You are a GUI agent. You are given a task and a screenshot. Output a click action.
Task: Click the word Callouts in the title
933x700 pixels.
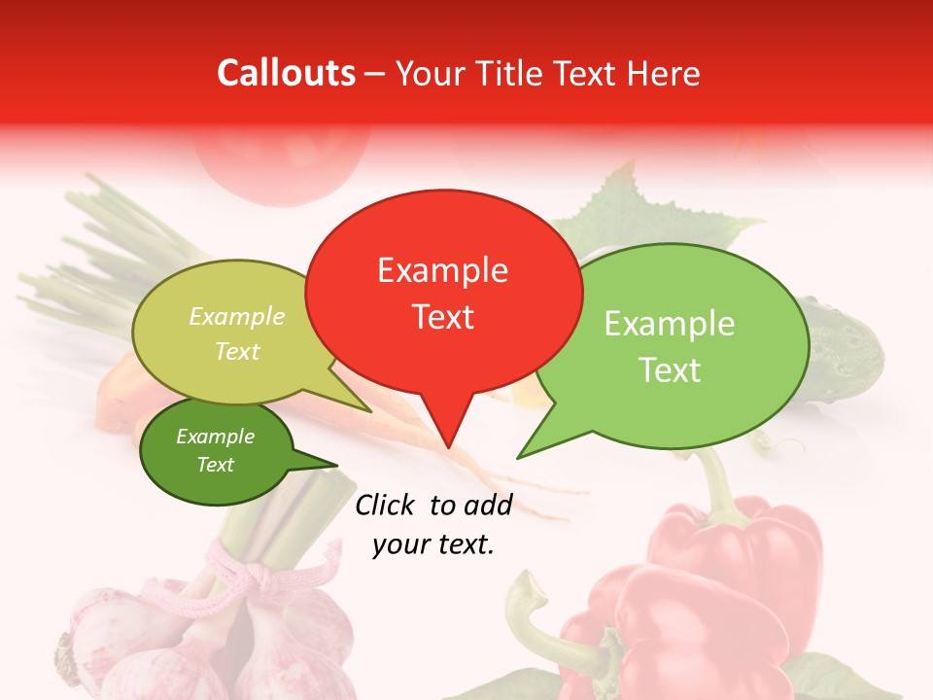[286, 73]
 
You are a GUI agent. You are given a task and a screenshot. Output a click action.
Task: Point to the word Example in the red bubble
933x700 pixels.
[442, 270]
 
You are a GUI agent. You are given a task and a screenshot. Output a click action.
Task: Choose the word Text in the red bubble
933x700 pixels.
[442, 317]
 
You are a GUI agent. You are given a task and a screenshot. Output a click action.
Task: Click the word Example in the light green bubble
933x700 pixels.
[670, 324]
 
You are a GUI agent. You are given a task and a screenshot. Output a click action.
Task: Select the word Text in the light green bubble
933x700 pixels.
[670, 370]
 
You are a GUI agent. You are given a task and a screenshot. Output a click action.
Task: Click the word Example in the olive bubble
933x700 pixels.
[236, 317]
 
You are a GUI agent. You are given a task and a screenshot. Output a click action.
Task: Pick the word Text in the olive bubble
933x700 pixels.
[236, 351]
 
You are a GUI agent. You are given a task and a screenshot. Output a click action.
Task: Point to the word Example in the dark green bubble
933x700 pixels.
[215, 437]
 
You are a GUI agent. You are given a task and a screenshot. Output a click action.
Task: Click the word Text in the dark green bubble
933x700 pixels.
[215, 465]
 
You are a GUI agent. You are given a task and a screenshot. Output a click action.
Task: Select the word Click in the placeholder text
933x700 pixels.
[387, 505]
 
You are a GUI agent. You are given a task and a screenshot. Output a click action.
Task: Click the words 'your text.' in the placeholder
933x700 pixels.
[433, 544]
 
